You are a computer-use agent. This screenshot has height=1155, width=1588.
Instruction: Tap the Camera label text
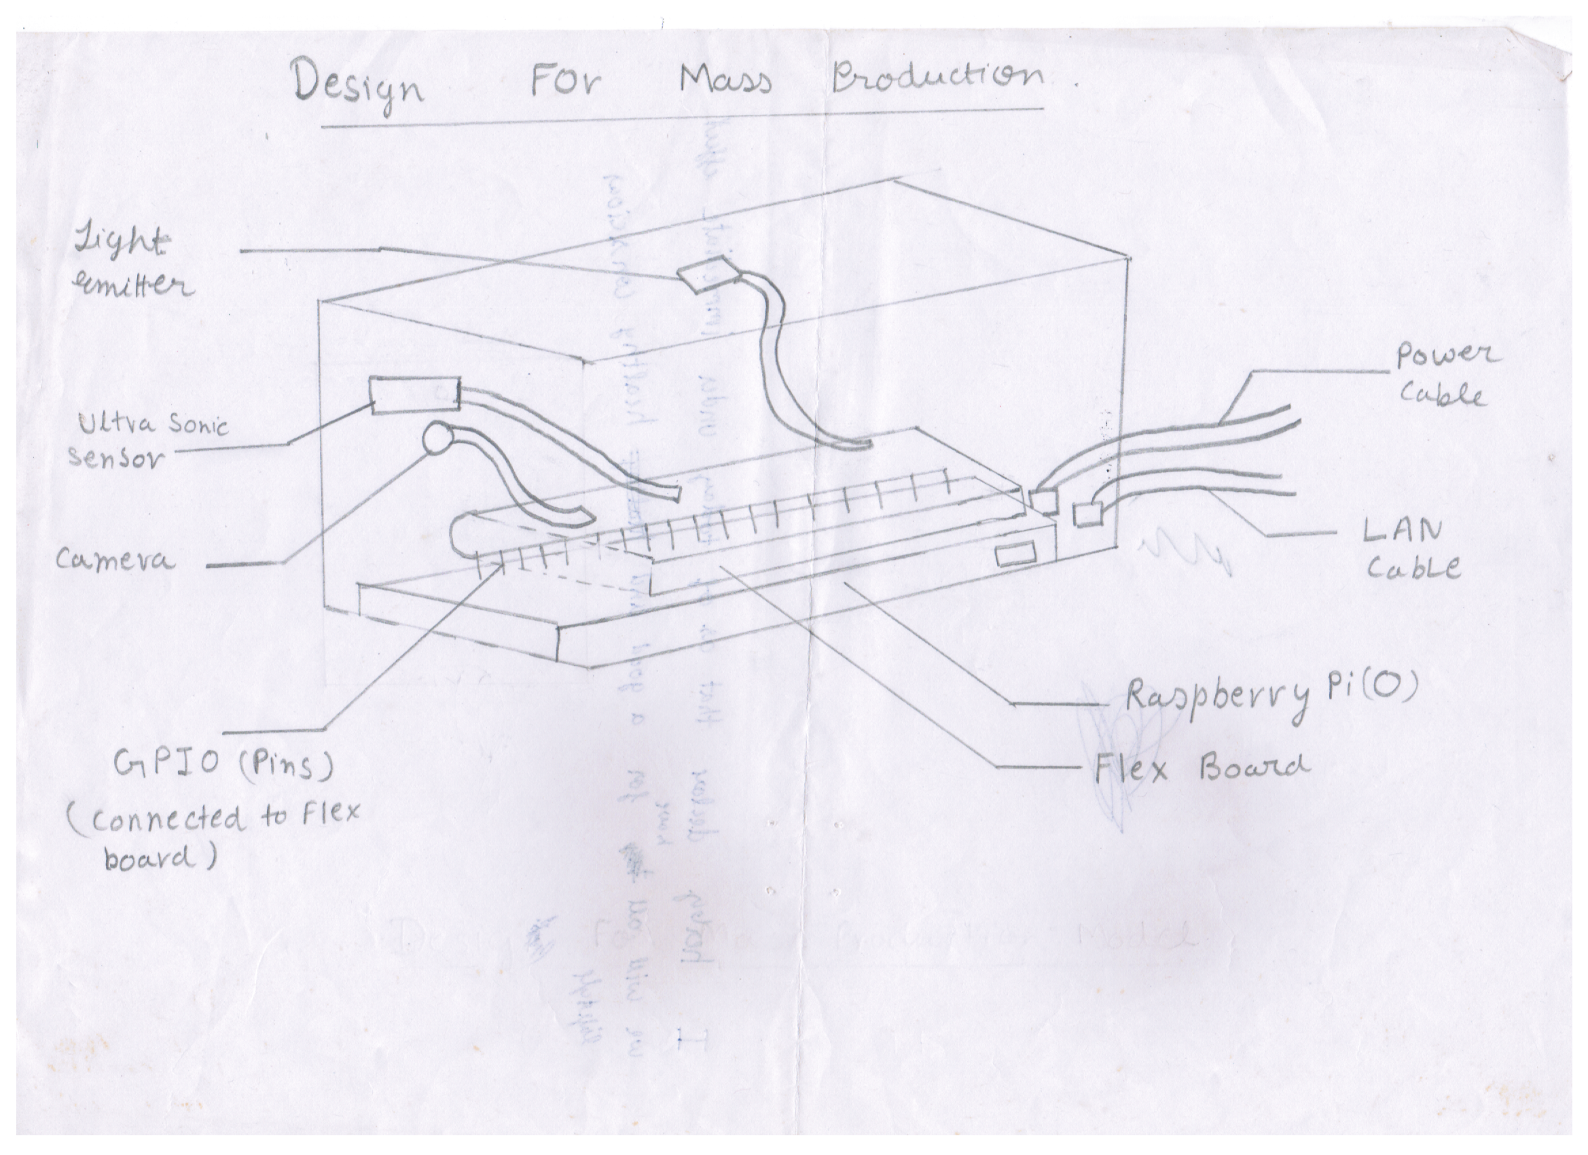pos(114,561)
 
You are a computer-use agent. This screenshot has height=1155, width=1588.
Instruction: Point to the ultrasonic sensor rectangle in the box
pos(414,395)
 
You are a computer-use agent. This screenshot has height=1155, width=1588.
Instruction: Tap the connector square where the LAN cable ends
pos(1087,515)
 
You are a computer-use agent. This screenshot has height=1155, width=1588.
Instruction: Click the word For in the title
pos(564,81)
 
